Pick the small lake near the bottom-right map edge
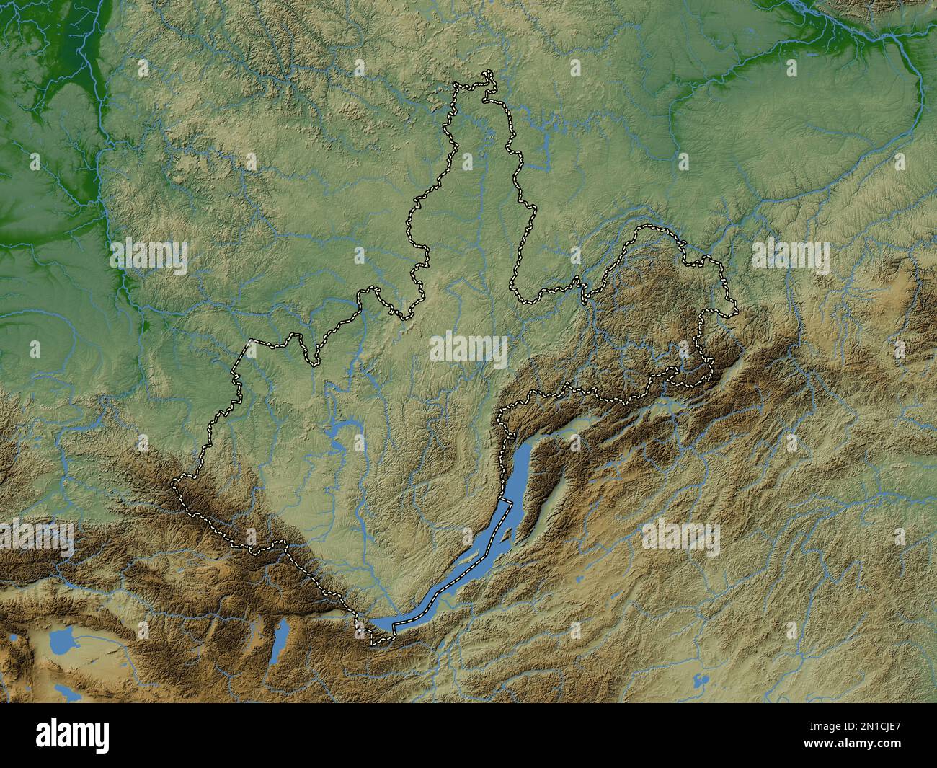pyautogui.click(x=697, y=679)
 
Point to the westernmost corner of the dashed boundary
pyautogui.click(x=173, y=481)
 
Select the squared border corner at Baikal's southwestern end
pyautogui.click(x=372, y=641)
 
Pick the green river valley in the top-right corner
pyautogui.click(x=865, y=29)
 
